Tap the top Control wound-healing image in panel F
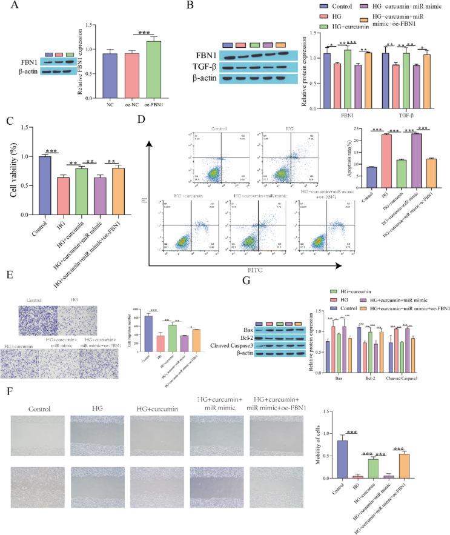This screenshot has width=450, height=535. click(x=37, y=435)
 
